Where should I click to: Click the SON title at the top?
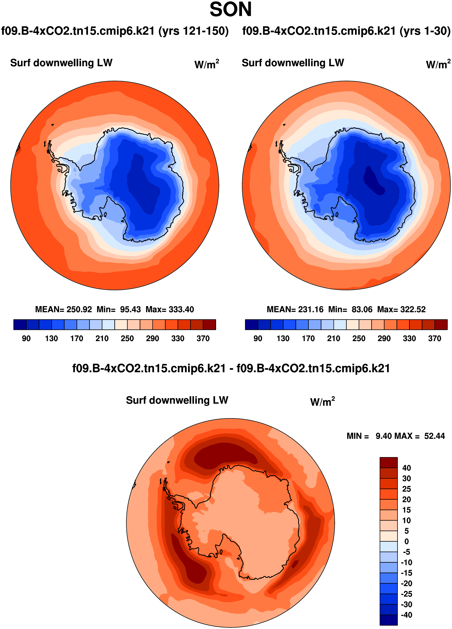tap(230, 10)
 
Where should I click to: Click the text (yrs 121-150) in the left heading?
tap(193, 31)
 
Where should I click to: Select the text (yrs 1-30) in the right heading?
tap(425, 31)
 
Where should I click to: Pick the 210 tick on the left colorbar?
tap(102, 338)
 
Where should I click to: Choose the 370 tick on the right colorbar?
tap(434, 338)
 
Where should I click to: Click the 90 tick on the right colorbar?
tap(258, 338)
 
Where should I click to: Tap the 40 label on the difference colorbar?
tap(406, 468)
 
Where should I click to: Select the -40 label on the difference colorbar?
tap(406, 615)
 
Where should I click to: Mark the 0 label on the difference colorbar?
tap(406, 541)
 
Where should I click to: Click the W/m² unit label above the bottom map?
tap(322, 401)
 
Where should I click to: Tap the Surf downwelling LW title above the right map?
tap(293, 63)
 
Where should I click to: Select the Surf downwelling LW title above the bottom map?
tap(177, 400)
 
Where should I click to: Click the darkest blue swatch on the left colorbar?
tap(20, 325)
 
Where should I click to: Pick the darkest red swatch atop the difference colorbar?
tap(389, 462)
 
